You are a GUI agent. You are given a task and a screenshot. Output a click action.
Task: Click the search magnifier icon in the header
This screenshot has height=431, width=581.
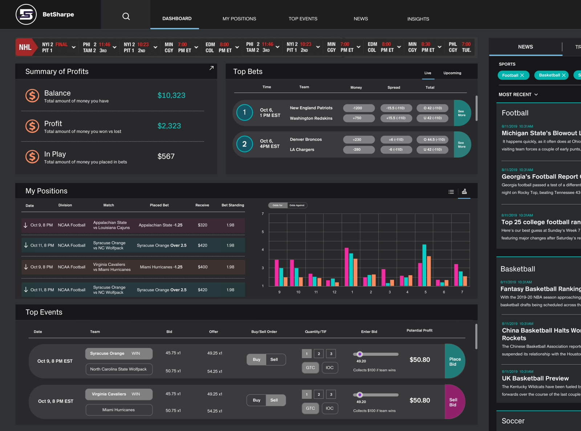pyautogui.click(x=126, y=16)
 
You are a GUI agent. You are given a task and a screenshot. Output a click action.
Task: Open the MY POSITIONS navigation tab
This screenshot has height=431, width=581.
pyautogui.click(x=239, y=19)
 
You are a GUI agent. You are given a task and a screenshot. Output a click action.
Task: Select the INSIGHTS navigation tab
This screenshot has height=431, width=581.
pyautogui.click(x=418, y=19)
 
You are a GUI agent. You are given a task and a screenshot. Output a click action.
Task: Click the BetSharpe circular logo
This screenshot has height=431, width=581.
pyautogui.click(x=26, y=15)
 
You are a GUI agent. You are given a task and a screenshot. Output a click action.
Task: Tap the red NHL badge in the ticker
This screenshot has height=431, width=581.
pyautogui.click(x=25, y=47)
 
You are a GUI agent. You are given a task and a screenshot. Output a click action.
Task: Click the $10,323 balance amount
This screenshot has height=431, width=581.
pyautogui.click(x=171, y=95)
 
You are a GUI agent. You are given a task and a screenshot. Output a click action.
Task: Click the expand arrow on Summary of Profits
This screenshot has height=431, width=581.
pyautogui.click(x=211, y=68)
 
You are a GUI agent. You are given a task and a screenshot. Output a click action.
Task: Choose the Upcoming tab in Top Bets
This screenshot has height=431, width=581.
pyautogui.click(x=452, y=73)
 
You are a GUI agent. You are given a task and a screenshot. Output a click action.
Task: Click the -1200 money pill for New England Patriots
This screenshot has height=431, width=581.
pyautogui.click(x=358, y=108)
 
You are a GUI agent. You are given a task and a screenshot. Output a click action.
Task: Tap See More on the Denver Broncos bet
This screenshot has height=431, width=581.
pyautogui.click(x=462, y=145)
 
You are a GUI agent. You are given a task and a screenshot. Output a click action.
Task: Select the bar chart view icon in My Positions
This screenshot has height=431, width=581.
pyautogui.click(x=464, y=191)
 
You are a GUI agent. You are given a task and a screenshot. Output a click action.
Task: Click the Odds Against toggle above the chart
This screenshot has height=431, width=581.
pyautogui.click(x=297, y=206)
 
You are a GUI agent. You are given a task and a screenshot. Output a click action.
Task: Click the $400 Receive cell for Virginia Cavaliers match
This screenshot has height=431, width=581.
pyautogui.click(x=203, y=267)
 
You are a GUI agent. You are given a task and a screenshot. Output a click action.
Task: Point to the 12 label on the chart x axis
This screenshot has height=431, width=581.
pyautogui.click(x=334, y=292)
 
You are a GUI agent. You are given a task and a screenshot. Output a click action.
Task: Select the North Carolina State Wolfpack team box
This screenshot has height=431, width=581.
pyautogui.click(x=119, y=369)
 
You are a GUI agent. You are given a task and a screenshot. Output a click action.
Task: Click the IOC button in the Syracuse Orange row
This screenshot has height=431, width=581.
pyautogui.click(x=329, y=367)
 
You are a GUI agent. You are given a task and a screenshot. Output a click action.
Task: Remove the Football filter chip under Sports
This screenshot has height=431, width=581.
pyautogui.click(x=522, y=75)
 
